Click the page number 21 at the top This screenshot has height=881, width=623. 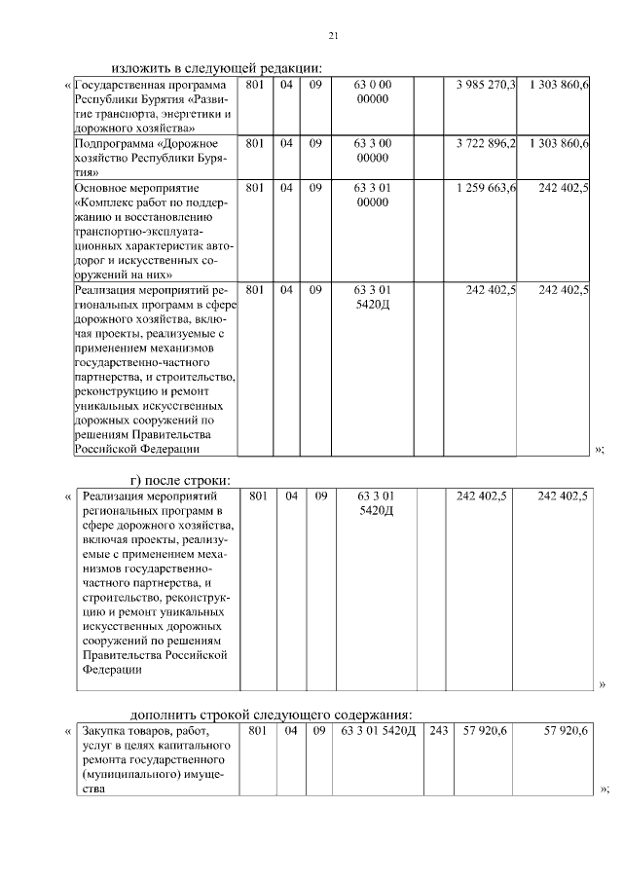point(332,37)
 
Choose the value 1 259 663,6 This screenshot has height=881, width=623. point(486,186)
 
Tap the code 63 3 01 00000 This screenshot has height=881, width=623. point(373,194)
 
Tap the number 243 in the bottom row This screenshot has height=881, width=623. point(438,731)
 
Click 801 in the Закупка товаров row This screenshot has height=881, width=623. point(257,731)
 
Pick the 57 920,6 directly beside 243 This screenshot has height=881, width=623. point(486,731)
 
